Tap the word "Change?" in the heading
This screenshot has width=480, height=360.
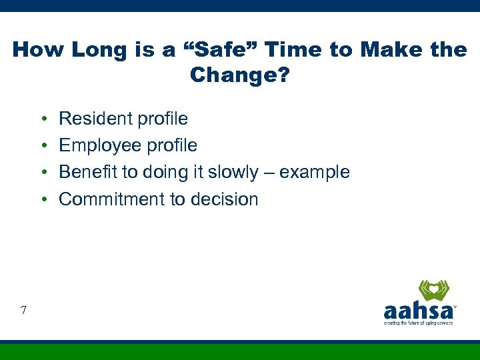pos(240,75)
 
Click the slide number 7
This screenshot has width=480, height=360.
pos(23,309)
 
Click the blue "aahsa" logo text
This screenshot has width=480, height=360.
pos(418,311)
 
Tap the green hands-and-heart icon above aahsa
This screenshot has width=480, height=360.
pos(433,291)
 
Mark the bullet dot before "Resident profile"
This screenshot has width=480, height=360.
pos(43,119)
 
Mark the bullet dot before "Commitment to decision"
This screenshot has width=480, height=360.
pos(43,199)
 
